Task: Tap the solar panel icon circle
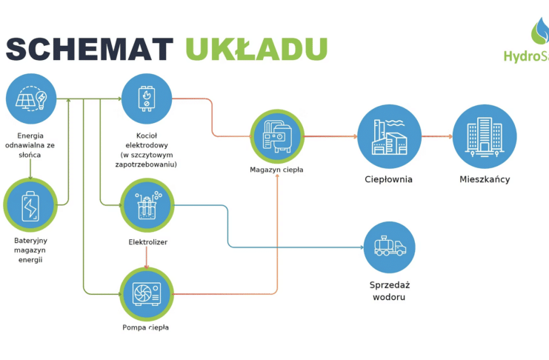pyautogui.click(x=31, y=99)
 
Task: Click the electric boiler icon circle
pyautogui.click(x=147, y=99)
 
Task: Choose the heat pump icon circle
pyautogui.click(x=147, y=293)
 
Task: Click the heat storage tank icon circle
pyautogui.click(x=277, y=136)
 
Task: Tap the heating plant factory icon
pyautogui.click(x=389, y=136)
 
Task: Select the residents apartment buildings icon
pyautogui.click(x=485, y=136)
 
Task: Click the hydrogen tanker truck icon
pyautogui.click(x=389, y=247)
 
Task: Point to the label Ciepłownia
pyautogui.click(x=389, y=179)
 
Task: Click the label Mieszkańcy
pyautogui.click(x=485, y=179)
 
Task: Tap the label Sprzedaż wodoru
pyautogui.click(x=390, y=291)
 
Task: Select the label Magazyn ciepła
pyautogui.click(x=276, y=170)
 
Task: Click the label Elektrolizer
pyautogui.click(x=147, y=242)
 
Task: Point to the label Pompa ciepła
pyautogui.click(x=146, y=327)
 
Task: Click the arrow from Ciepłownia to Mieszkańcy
pyautogui.click(x=436, y=136)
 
